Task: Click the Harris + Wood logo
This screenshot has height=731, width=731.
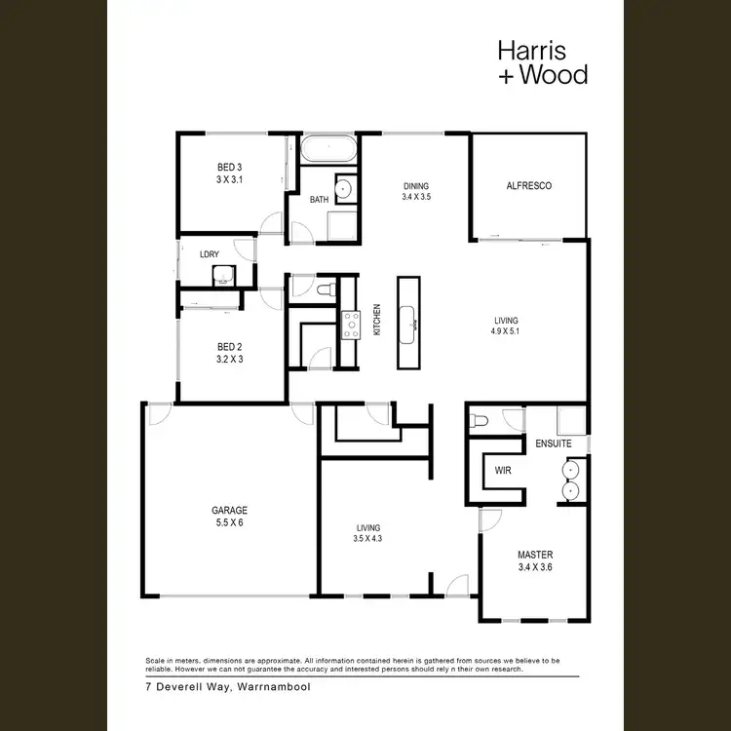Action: (x=542, y=61)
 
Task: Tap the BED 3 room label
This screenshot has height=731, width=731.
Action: (x=229, y=168)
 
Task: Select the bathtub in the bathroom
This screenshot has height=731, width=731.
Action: (x=328, y=150)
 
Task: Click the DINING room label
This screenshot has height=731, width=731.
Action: (x=416, y=185)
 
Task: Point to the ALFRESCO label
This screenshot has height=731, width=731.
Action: (x=529, y=185)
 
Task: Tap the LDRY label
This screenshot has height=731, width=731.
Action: (x=209, y=253)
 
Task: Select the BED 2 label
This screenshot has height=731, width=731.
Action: (x=229, y=346)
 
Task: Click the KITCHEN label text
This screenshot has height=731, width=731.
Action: (x=377, y=321)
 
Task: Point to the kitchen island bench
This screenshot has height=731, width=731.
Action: (x=408, y=323)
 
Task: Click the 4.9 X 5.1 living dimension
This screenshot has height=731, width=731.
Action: (x=506, y=331)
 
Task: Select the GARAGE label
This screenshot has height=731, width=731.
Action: (x=230, y=510)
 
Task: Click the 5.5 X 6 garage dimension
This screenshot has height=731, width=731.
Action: (x=230, y=521)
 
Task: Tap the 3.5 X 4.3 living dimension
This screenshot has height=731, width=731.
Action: (x=367, y=539)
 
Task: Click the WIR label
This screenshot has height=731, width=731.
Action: (x=503, y=470)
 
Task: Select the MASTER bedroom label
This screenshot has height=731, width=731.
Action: (x=534, y=555)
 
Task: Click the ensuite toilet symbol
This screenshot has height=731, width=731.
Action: (x=478, y=419)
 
